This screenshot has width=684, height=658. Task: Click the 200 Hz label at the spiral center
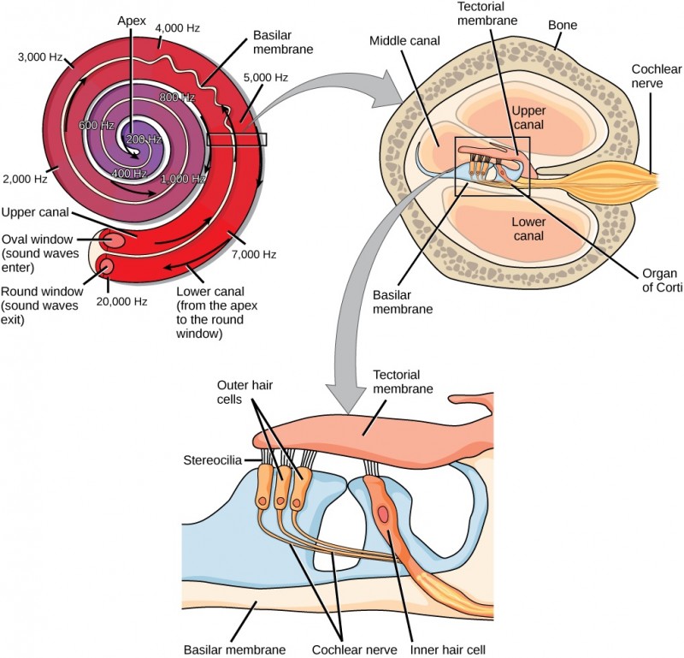[x=144, y=139]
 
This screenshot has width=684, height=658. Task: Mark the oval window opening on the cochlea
[x=111, y=239]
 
